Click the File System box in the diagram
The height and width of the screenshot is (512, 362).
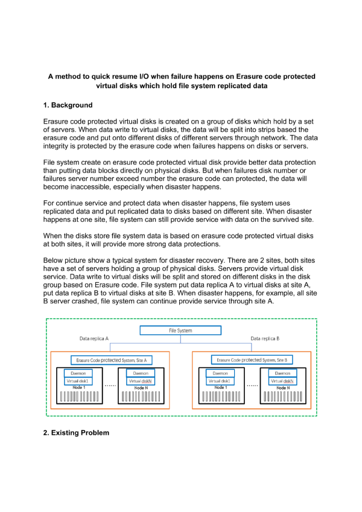[x=180, y=330]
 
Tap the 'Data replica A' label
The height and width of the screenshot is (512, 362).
[x=94, y=339]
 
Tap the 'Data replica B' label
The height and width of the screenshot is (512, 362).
[x=264, y=339]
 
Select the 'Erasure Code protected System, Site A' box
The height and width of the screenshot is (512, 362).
[x=111, y=360]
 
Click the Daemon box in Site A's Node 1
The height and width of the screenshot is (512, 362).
[x=78, y=373]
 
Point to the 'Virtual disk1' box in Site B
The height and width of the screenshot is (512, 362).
[x=220, y=381]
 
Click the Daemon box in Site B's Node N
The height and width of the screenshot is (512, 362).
[x=283, y=373]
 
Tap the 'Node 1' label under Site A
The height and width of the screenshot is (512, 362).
[x=78, y=388]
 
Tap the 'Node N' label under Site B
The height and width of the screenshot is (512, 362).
[x=283, y=388]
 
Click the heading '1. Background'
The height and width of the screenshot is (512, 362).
[x=68, y=106]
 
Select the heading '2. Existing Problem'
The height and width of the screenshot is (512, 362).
[x=76, y=433]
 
